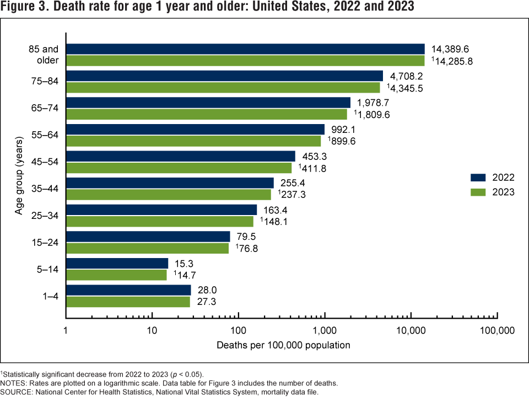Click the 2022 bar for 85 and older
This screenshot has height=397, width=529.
pos(245,49)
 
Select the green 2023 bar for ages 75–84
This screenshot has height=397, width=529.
pos(223,87)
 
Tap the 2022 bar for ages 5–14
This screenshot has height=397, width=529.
pos(117,263)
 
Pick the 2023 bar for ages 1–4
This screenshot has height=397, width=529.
pos(128,302)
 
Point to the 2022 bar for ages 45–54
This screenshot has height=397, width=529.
pos(180,156)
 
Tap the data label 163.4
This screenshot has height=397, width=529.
pos(274,210)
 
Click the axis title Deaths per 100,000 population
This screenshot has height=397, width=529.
pos(283,346)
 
